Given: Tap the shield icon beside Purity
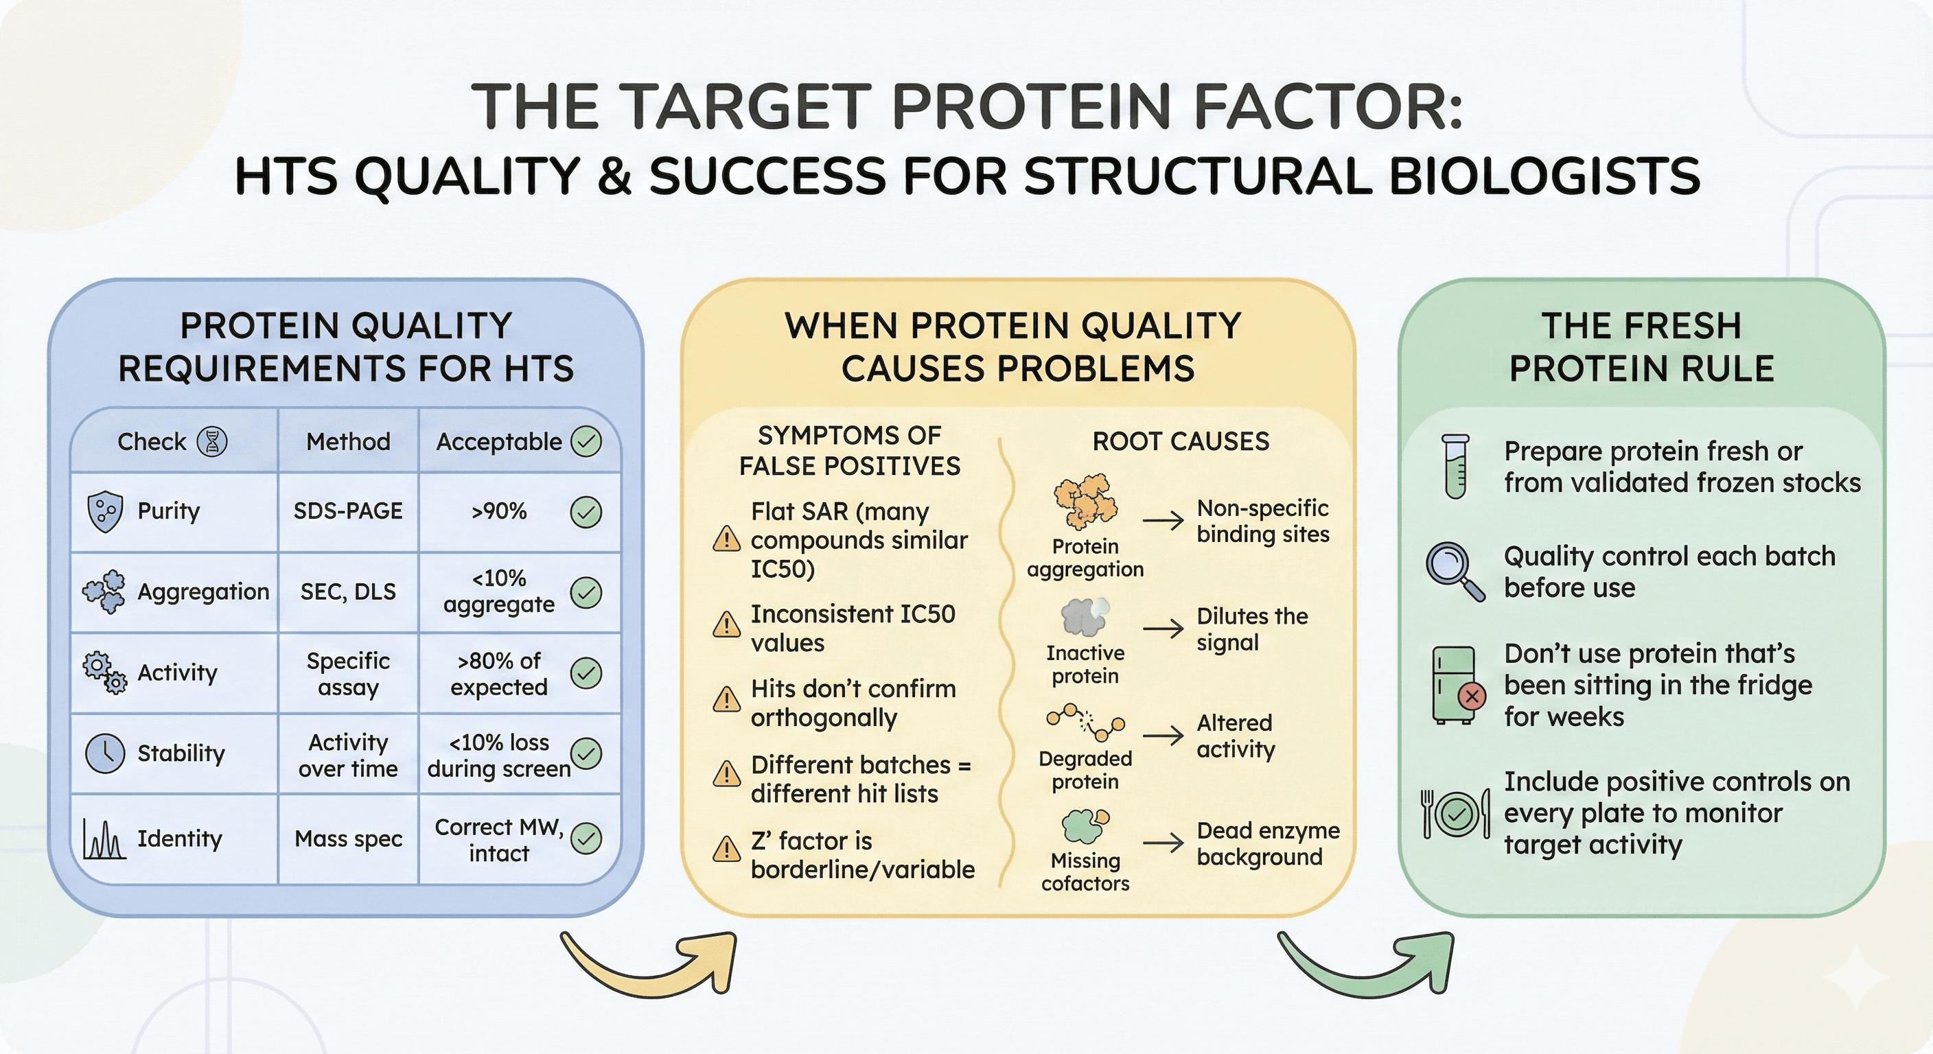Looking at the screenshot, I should [105, 512].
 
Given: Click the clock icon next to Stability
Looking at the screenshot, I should [105, 753].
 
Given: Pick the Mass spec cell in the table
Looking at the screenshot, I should [348, 838].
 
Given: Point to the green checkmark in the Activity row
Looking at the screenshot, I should [586, 673].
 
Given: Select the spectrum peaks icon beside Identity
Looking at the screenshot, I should [104, 839].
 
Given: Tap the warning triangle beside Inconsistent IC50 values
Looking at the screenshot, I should [726, 624].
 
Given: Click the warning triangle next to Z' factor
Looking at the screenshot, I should [726, 850].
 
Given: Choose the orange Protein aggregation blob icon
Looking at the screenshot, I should [1085, 500].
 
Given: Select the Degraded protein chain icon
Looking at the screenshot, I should [1085, 721].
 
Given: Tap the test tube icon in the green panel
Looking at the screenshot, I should [1455, 466].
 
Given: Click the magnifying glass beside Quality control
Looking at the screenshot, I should [1455, 571].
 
